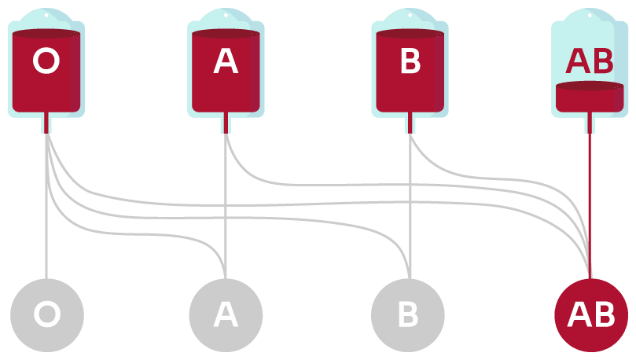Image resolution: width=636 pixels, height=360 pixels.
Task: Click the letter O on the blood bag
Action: tap(46, 62)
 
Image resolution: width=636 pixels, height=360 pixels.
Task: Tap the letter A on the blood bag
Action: tap(226, 62)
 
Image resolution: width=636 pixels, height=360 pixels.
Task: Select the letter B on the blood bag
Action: tap(410, 62)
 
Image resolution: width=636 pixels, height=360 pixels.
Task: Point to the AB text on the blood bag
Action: tap(590, 61)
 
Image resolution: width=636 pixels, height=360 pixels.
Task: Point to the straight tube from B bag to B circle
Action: tap(409, 220)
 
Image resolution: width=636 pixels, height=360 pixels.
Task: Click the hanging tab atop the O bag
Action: tap(46, 13)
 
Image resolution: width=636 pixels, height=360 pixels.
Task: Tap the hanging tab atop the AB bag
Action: tap(590, 13)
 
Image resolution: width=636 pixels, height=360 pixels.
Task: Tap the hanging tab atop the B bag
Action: tap(410, 13)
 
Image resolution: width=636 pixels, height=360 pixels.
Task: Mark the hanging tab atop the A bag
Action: tap(226, 13)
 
